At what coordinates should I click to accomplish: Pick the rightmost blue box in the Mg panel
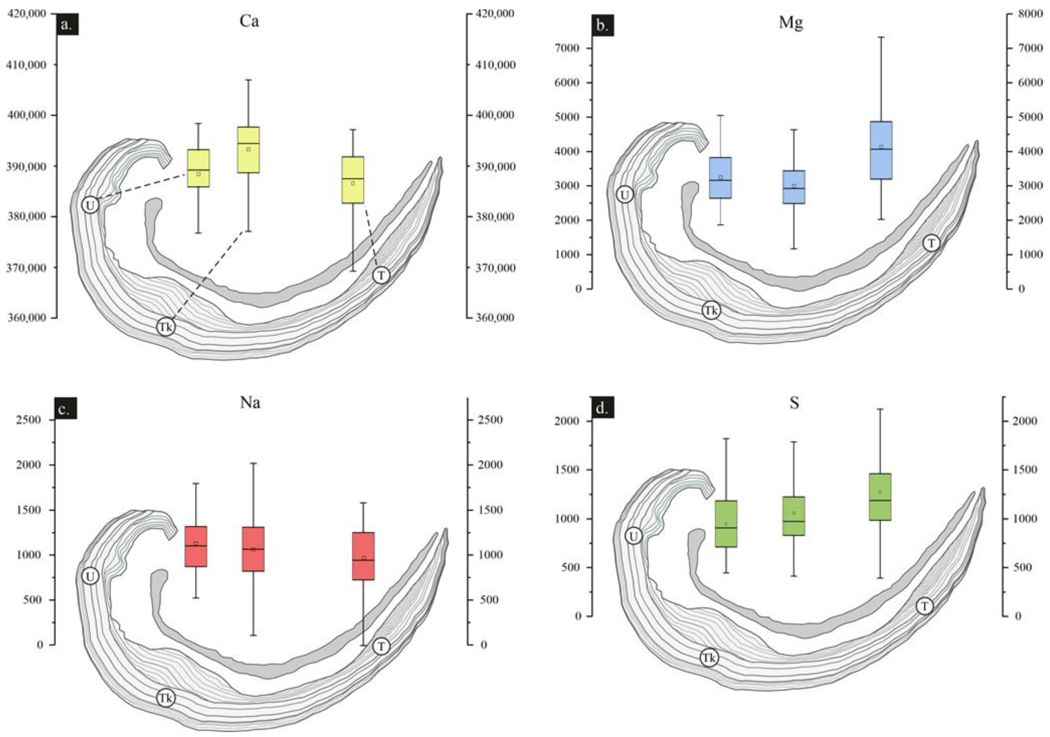coord(881,150)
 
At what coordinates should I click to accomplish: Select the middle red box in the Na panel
coord(253,549)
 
